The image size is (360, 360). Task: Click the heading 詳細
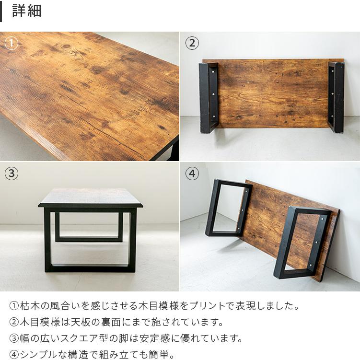27,11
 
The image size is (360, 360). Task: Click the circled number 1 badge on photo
11,44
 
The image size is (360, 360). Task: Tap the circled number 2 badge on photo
192,44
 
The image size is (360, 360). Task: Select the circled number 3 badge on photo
11,174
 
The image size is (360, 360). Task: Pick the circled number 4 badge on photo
192,174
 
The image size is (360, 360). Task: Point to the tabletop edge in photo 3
90,205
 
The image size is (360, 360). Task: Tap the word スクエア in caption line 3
76,338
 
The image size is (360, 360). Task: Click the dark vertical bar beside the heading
1,11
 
